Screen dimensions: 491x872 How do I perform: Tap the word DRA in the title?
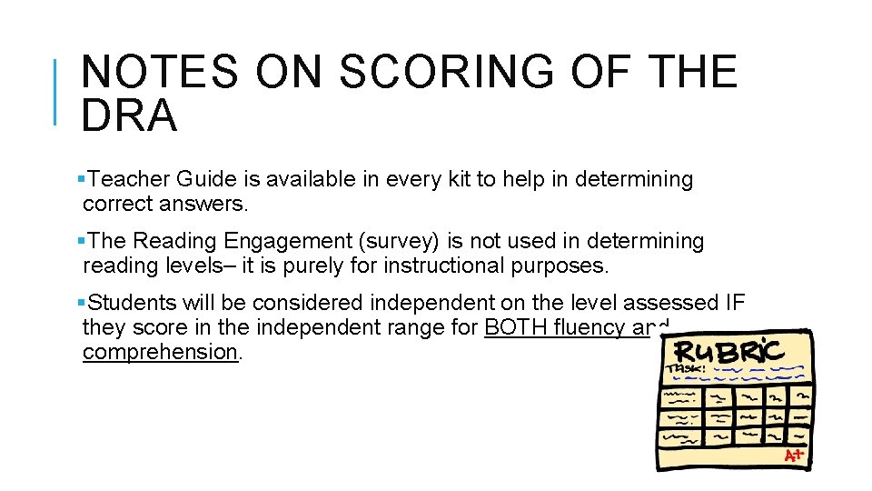coord(129,115)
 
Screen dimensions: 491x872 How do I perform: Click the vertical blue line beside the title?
coord(57,91)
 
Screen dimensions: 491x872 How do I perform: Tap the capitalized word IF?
coord(734,302)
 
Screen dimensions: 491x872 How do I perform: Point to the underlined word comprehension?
coord(160,352)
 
